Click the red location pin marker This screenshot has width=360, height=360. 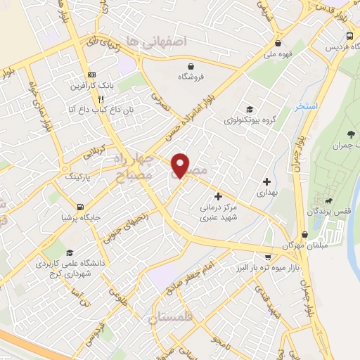coord(181,165)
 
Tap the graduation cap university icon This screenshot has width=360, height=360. coord(69,253)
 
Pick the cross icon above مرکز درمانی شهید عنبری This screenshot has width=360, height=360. coord(218,196)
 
